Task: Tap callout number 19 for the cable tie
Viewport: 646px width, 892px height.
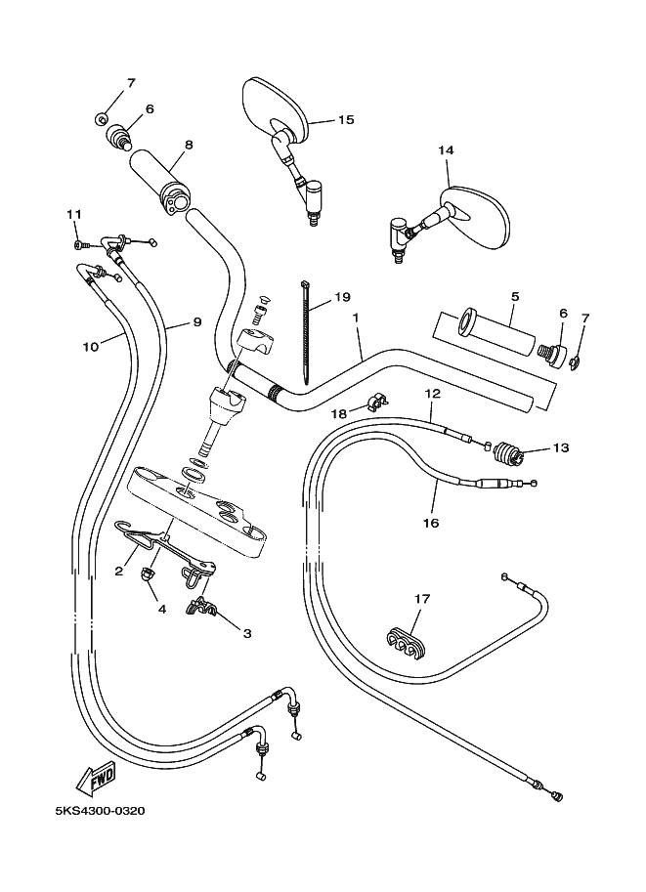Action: pos(342,296)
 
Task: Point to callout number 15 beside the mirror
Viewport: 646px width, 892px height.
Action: pos(346,120)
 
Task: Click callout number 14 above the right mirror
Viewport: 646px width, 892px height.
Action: pos(447,150)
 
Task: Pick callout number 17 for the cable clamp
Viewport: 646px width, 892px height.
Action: pos(421,599)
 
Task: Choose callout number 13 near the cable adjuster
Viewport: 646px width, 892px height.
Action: pos(560,448)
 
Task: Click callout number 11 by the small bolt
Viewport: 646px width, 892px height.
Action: pos(73,215)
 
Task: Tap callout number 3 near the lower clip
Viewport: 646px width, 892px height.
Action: pos(246,633)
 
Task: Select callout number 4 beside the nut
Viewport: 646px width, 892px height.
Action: pos(162,609)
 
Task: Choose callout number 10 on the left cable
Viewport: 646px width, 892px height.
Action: pos(91,345)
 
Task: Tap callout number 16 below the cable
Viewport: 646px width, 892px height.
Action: pos(430,523)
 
